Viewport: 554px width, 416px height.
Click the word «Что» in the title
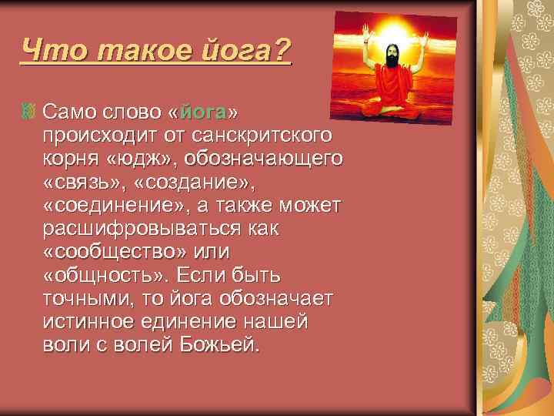click(x=48, y=51)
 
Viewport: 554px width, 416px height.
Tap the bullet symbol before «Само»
click(x=29, y=114)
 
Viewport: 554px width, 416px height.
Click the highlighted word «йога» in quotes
click(x=202, y=114)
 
